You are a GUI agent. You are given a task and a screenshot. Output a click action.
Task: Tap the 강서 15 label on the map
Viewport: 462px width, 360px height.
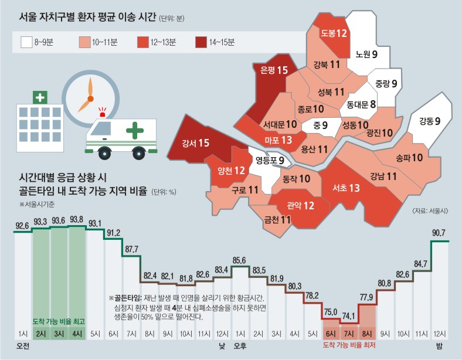pos(196,142)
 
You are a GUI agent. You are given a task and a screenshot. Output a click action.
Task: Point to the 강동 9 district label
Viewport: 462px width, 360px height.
pos(430,122)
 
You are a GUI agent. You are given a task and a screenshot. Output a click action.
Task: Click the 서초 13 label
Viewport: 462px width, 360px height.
pos(346,188)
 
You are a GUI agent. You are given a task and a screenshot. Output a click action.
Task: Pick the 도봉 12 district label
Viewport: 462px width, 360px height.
pos(334,33)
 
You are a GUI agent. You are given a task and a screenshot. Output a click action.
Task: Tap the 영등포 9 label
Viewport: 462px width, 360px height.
pos(270,160)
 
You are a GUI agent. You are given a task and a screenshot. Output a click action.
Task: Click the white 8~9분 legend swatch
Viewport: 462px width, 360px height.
pos(26,42)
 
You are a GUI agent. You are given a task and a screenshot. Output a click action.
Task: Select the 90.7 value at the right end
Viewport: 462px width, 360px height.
pos(440,233)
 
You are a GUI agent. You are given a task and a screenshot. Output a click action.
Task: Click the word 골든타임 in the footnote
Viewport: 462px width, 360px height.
pos(126,298)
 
